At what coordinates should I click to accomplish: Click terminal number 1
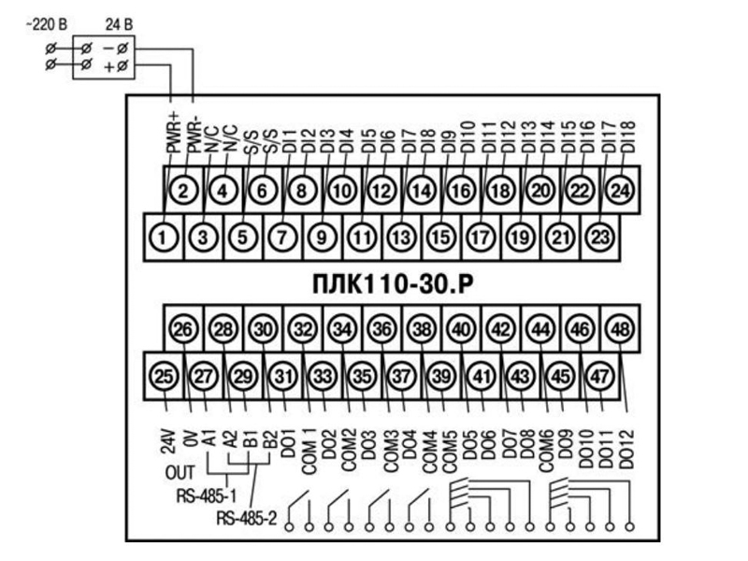tap(164, 237)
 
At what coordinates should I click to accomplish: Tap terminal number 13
tap(401, 237)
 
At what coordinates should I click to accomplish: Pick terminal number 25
tap(164, 376)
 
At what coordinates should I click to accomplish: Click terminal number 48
tap(620, 329)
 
